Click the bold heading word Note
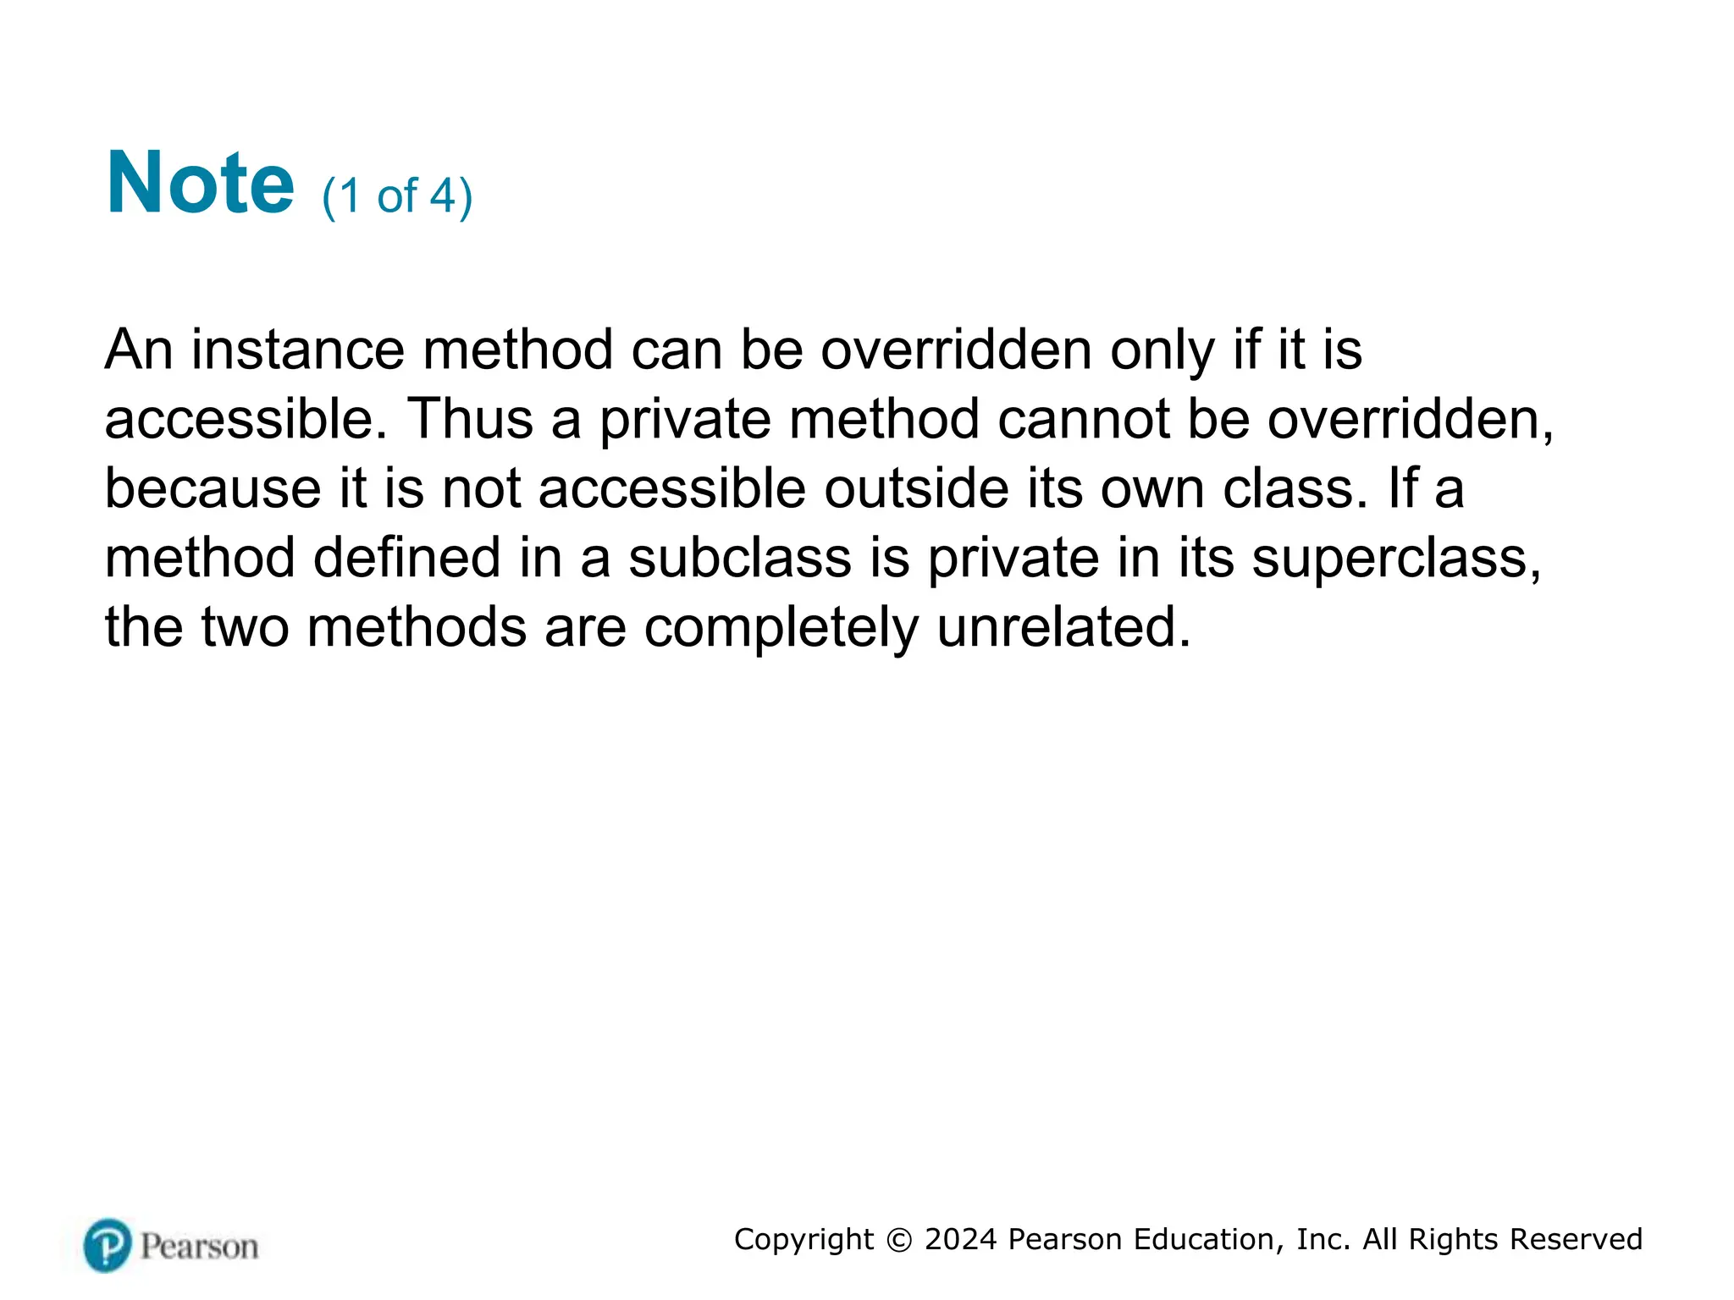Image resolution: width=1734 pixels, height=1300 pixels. pyautogui.click(x=200, y=184)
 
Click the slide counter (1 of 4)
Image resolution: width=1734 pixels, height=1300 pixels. pyautogui.click(x=397, y=196)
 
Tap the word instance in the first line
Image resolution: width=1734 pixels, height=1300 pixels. pyautogui.click(x=298, y=350)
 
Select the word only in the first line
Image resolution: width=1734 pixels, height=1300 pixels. pyautogui.click(x=1162, y=350)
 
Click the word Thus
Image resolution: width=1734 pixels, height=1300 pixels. pyautogui.click(x=470, y=419)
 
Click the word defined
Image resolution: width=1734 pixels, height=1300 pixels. pyautogui.click(x=407, y=558)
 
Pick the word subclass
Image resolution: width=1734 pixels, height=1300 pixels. pyautogui.click(x=740, y=558)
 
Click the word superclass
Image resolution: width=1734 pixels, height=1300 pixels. pyautogui.click(x=1396, y=559)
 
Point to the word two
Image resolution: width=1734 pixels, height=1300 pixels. pyautogui.click(x=245, y=627)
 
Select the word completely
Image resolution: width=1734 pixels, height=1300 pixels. pyautogui.click(x=781, y=629)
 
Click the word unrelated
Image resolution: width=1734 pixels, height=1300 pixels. pyautogui.click(x=1063, y=627)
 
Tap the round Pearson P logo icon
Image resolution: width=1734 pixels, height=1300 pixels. pyautogui.click(x=108, y=1245)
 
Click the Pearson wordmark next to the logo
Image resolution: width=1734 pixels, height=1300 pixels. pyautogui.click(x=199, y=1247)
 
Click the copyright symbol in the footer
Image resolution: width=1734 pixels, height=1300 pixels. pyautogui.click(x=899, y=1240)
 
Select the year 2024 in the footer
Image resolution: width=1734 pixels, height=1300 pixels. pyautogui.click(x=960, y=1240)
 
